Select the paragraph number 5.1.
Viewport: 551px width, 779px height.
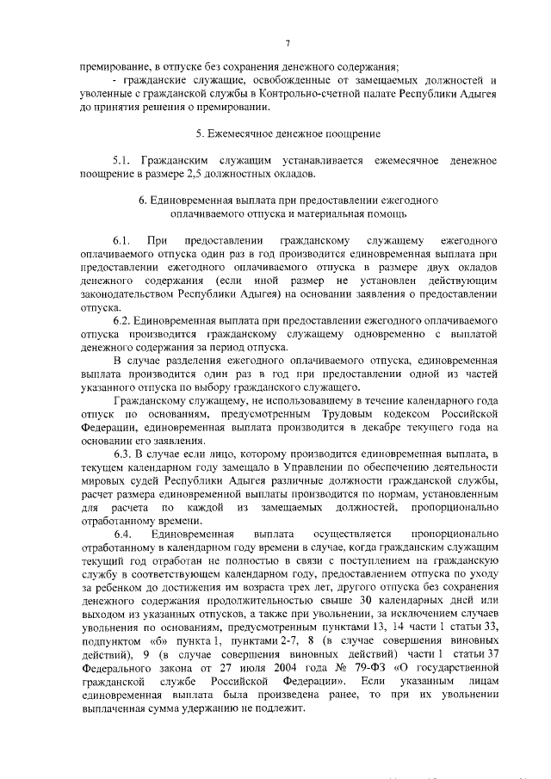coord(123,161)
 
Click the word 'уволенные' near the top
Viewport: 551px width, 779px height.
coord(105,94)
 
